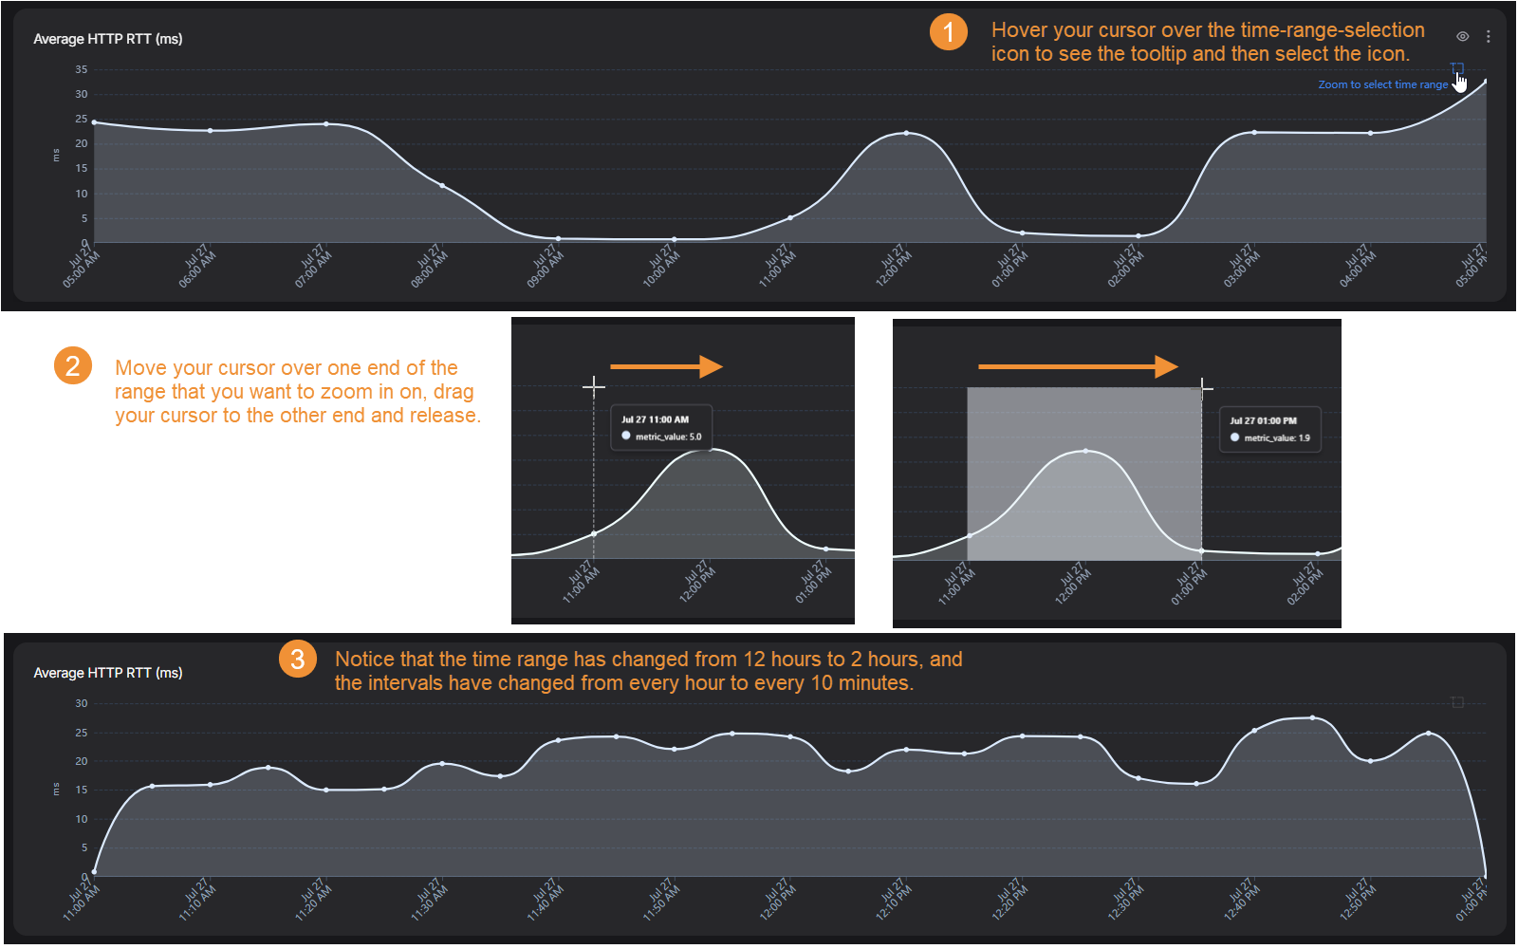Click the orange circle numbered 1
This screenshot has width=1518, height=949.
(948, 31)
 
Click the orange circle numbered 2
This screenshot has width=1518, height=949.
(72, 366)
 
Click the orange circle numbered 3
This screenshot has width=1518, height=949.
(298, 659)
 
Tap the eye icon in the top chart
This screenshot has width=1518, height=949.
(1462, 37)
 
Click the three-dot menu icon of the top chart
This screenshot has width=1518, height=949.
(1489, 37)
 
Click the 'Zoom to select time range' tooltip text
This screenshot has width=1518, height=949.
(1382, 84)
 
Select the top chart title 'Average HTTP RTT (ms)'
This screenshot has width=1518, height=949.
(108, 39)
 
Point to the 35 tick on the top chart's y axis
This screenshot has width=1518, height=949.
(82, 69)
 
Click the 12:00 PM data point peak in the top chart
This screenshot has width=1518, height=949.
(907, 133)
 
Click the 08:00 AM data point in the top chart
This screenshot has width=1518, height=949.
(442, 185)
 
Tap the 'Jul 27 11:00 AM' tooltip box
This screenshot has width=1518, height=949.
(661, 428)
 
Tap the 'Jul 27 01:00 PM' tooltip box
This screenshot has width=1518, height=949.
(1270, 429)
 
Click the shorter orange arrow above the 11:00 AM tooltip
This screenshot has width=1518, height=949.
(667, 366)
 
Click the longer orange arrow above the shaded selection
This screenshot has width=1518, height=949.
(1078, 366)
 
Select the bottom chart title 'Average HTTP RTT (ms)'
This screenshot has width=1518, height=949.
(108, 673)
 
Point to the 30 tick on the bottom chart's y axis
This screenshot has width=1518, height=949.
(82, 703)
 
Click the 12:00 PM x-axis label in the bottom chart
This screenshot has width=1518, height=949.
(777, 900)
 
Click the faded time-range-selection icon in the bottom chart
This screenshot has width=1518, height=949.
(1457, 702)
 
